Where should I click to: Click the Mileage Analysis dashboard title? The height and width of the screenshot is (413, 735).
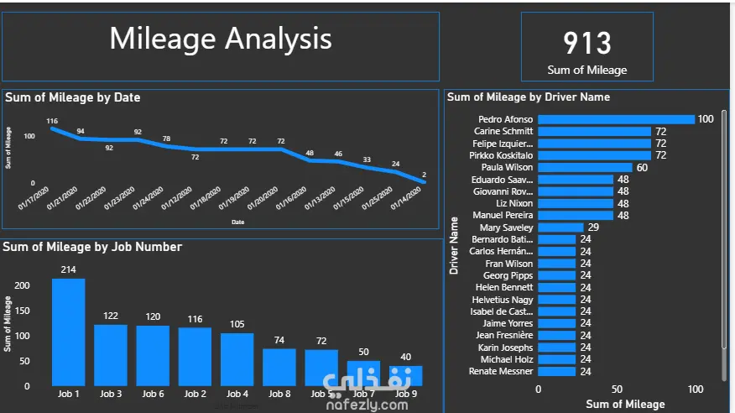(x=221, y=39)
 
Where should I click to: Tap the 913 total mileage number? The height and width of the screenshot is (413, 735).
(x=586, y=43)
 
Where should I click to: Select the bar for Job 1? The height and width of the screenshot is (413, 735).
(x=68, y=332)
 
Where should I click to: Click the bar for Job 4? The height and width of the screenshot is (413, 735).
(x=237, y=359)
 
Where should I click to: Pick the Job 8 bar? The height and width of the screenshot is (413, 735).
(x=279, y=367)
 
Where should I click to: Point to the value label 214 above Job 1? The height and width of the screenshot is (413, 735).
(x=68, y=269)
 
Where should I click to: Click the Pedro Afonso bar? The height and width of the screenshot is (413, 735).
(x=616, y=119)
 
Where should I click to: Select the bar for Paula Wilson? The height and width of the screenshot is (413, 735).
(x=585, y=167)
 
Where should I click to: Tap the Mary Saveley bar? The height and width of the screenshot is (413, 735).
(x=560, y=227)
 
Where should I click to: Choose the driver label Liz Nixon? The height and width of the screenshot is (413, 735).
(x=514, y=203)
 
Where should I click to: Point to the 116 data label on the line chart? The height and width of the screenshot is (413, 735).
(x=52, y=121)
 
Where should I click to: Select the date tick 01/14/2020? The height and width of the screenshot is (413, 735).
(x=404, y=199)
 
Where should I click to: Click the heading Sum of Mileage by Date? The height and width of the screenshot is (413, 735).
(x=73, y=97)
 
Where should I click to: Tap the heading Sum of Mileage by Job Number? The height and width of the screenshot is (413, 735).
(x=92, y=247)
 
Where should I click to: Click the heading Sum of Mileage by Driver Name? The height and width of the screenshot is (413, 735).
(x=529, y=97)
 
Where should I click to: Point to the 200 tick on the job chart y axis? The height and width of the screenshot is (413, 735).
(x=23, y=285)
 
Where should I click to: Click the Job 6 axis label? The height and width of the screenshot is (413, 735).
(x=153, y=394)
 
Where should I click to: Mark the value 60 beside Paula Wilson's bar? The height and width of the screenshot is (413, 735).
(x=642, y=167)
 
